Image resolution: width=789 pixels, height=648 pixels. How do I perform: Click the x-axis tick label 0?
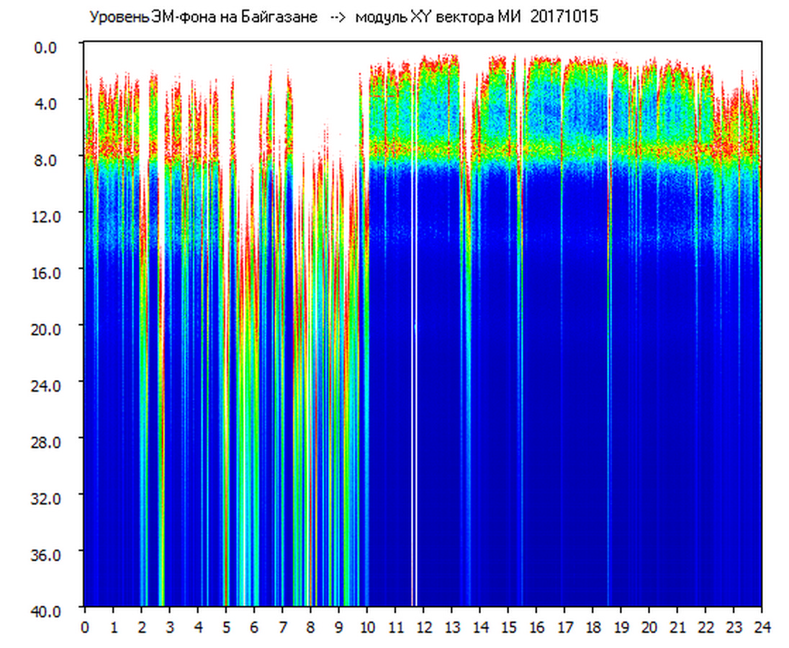[x=85, y=627]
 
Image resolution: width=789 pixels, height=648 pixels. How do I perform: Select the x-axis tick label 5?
[x=226, y=627]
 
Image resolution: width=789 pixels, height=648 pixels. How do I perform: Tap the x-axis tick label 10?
[x=367, y=627]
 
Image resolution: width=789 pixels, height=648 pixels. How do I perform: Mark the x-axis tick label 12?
[x=423, y=627]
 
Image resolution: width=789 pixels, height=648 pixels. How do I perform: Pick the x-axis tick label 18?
[x=592, y=627]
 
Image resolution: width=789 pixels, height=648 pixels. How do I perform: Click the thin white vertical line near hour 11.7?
[x=415, y=360]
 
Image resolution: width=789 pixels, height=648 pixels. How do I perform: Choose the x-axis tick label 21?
[x=677, y=627]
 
